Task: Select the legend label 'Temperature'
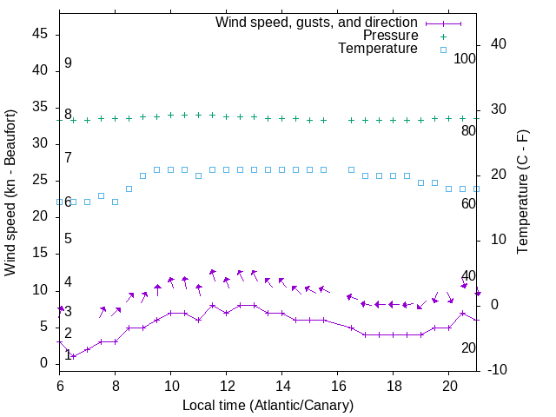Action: tap(378, 49)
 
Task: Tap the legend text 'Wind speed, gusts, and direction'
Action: tap(317, 22)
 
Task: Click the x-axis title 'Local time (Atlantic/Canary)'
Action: tap(268, 406)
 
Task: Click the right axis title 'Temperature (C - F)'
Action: tap(522, 193)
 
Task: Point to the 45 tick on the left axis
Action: tap(41, 34)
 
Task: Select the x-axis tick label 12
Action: tap(226, 385)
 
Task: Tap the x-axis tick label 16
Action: tap(337, 385)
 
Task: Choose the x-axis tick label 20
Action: tap(448, 385)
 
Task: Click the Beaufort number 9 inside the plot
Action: tap(68, 63)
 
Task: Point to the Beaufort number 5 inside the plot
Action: tap(68, 239)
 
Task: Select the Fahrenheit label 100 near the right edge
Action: tap(466, 58)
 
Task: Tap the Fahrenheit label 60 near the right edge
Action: tap(468, 203)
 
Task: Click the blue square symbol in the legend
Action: tap(443, 50)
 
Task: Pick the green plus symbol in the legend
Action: tap(443, 36)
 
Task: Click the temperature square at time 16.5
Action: tap(351, 170)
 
